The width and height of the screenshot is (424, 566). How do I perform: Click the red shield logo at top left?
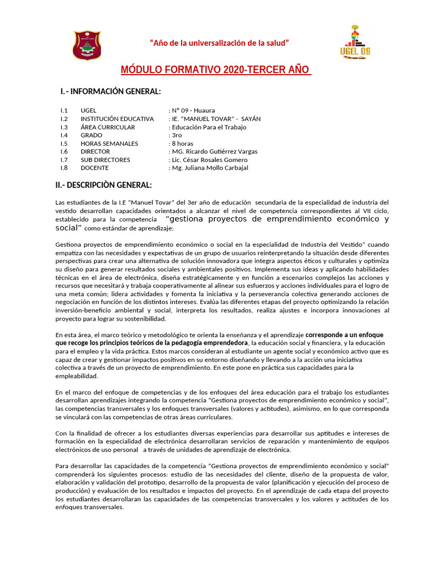point(87,45)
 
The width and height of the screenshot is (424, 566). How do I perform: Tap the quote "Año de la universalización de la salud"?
point(220,43)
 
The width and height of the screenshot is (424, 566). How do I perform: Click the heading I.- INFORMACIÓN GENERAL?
point(110,91)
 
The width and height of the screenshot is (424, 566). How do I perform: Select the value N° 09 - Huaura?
point(192,111)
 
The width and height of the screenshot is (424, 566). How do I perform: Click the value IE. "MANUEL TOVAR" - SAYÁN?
point(214,119)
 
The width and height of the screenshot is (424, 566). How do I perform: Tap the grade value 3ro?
point(177,135)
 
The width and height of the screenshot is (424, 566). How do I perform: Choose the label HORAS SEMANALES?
point(109,144)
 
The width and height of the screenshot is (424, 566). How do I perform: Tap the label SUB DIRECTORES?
point(105,160)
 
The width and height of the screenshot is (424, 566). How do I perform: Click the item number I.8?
point(65,168)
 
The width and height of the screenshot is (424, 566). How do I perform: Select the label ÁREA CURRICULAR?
point(108,127)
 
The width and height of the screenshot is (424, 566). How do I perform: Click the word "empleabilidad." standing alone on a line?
point(77,376)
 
